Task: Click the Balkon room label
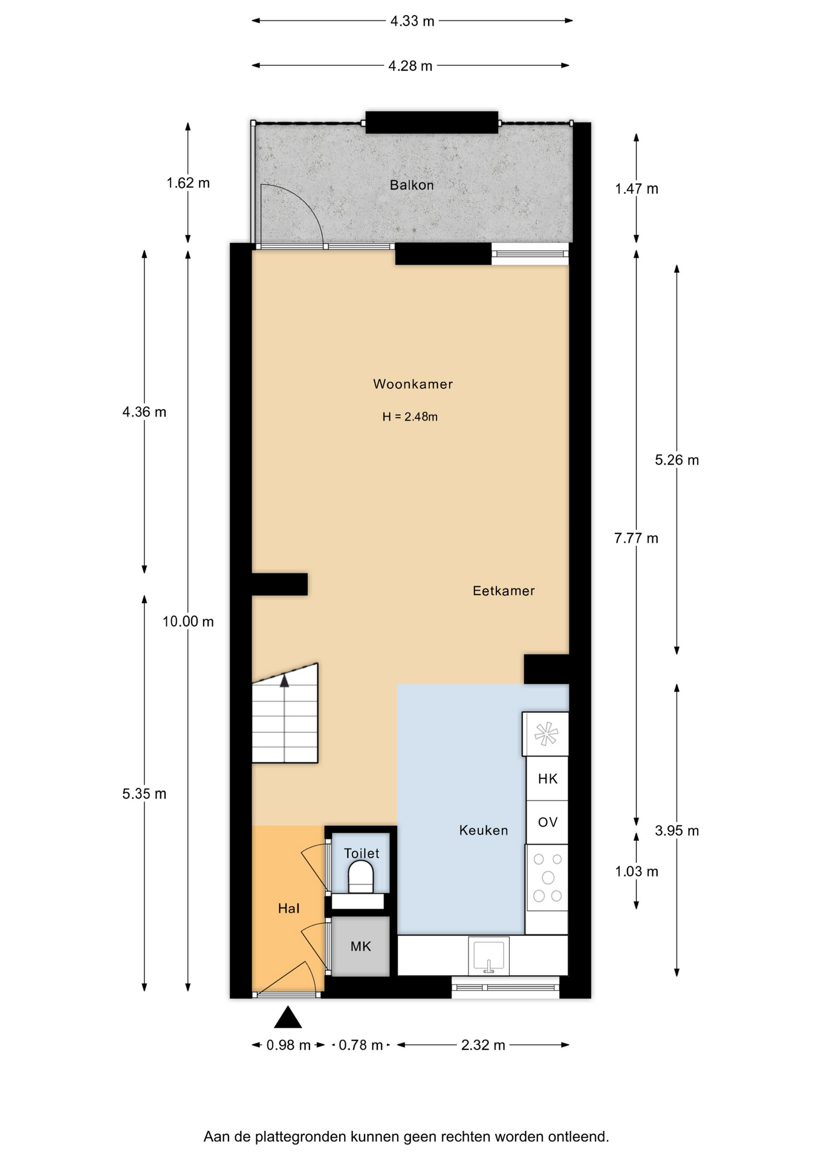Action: click(x=412, y=185)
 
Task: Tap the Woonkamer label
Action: click(x=413, y=384)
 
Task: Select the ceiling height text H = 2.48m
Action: click(x=410, y=417)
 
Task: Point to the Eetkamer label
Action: click(x=504, y=591)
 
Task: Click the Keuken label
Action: click(x=484, y=831)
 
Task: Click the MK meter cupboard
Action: click(x=361, y=946)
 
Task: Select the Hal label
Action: click(x=289, y=909)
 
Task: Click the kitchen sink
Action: click(x=488, y=956)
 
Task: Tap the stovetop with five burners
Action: click(x=547, y=877)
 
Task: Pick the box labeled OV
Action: click(x=547, y=822)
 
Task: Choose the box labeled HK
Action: click(x=547, y=779)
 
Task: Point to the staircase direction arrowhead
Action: click(x=284, y=681)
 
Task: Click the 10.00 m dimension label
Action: click(x=188, y=622)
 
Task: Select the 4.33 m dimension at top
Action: click(x=412, y=21)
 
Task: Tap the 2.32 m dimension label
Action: click(x=483, y=1045)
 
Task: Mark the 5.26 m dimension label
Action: click(x=677, y=460)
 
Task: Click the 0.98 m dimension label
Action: click(x=288, y=1045)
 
